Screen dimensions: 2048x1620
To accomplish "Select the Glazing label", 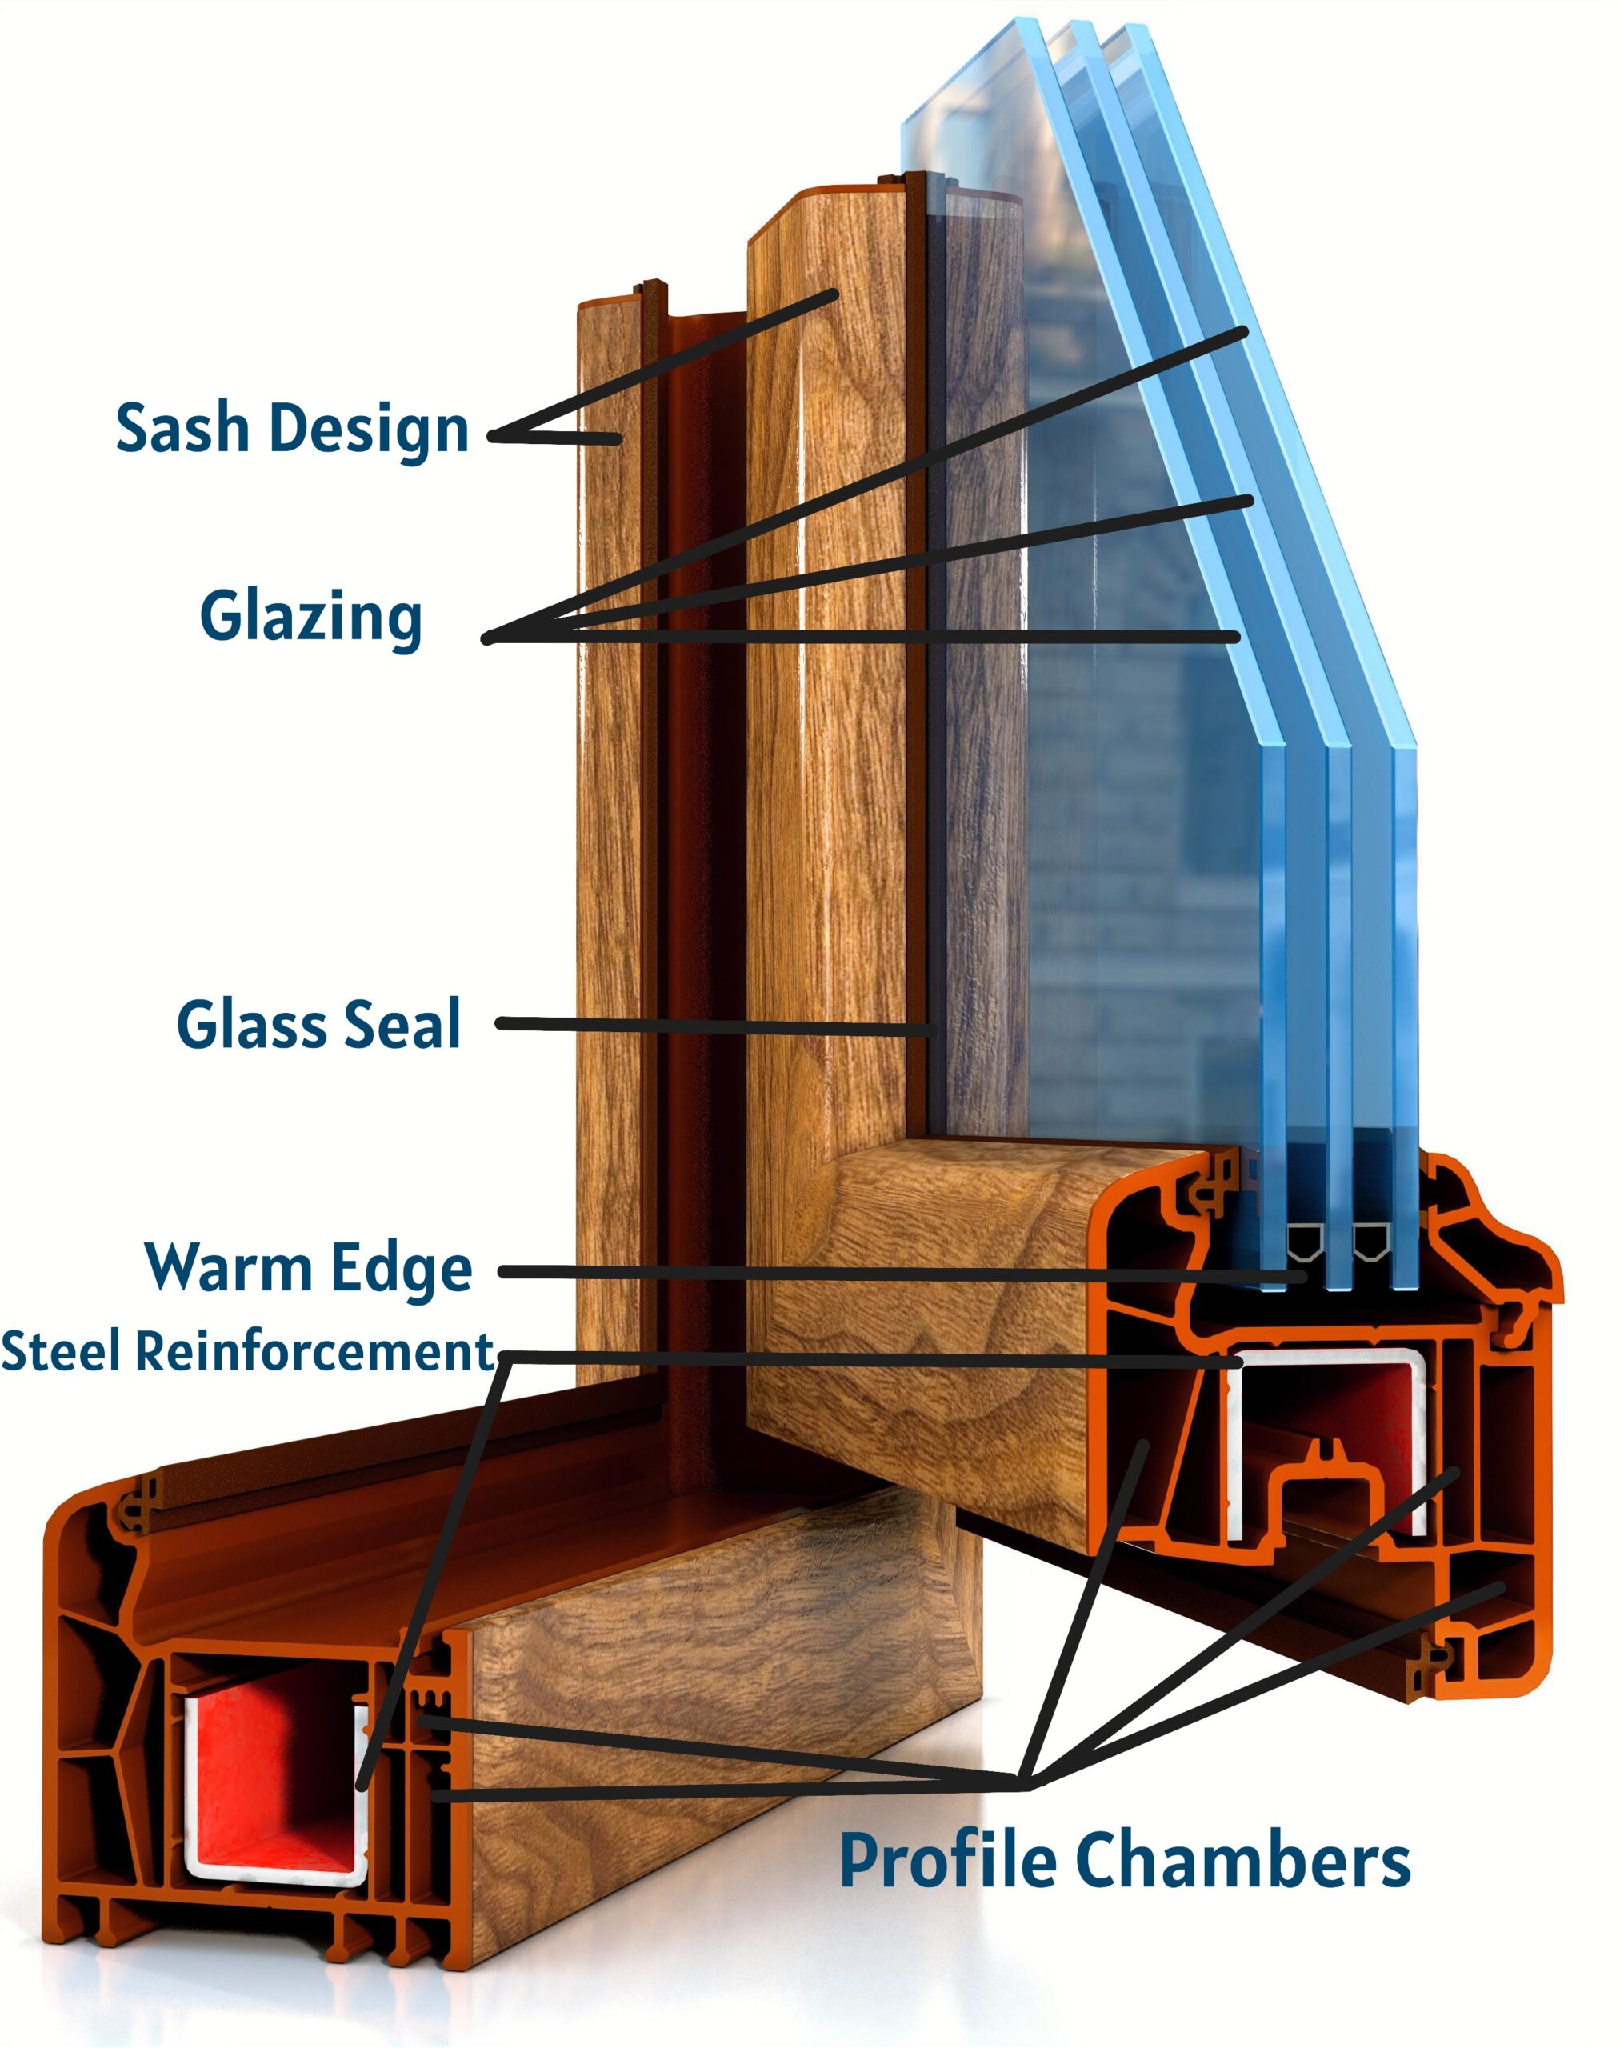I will pyautogui.click(x=310, y=618).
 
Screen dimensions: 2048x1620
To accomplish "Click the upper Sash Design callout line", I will pyautogui.click(x=664, y=366).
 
